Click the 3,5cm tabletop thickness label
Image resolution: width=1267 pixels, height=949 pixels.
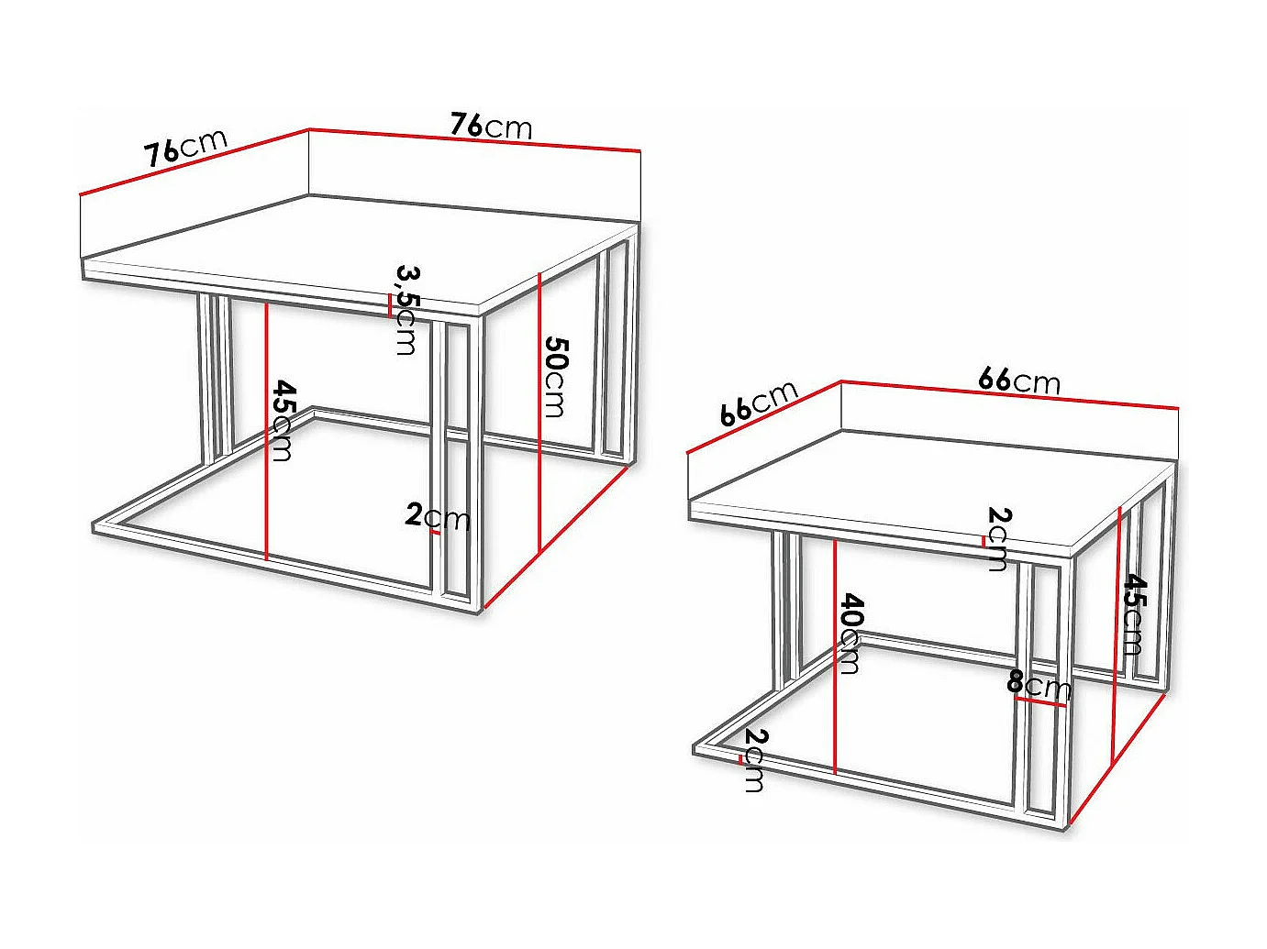pyautogui.click(x=406, y=309)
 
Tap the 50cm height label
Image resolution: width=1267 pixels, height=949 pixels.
pyautogui.click(x=555, y=377)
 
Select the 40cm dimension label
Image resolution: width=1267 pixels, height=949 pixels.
pyautogui.click(x=851, y=634)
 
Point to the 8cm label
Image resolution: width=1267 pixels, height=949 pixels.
pyautogui.click(x=1039, y=683)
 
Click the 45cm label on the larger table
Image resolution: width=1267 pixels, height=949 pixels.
pyautogui.click(x=283, y=421)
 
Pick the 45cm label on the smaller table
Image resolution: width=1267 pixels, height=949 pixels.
pyautogui.click(x=1134, y=613)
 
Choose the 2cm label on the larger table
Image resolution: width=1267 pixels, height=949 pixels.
pyautogui.click(x=437, y=516)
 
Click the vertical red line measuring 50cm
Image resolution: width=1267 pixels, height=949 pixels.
pyautogui.click(x=540, y=413)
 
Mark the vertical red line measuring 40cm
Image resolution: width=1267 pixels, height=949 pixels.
pyautogui.click(x=835, y=656)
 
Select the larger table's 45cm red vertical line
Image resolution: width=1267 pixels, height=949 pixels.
pyautogui.click(x=266, y=431)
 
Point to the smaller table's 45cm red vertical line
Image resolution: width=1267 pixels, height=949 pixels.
pyautogui.click(x=1117, y=633)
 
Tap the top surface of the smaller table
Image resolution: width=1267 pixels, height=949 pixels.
pyautogui.click(x=927, y=486)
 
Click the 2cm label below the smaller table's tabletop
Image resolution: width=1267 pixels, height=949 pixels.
pyautogui.click(x=998, y=538)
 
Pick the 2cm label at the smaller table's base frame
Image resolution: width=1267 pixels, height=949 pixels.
pyautogui.click(x=754, y=760)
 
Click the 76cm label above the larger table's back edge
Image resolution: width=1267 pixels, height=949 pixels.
pyautogui.click(x=491, y=125)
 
